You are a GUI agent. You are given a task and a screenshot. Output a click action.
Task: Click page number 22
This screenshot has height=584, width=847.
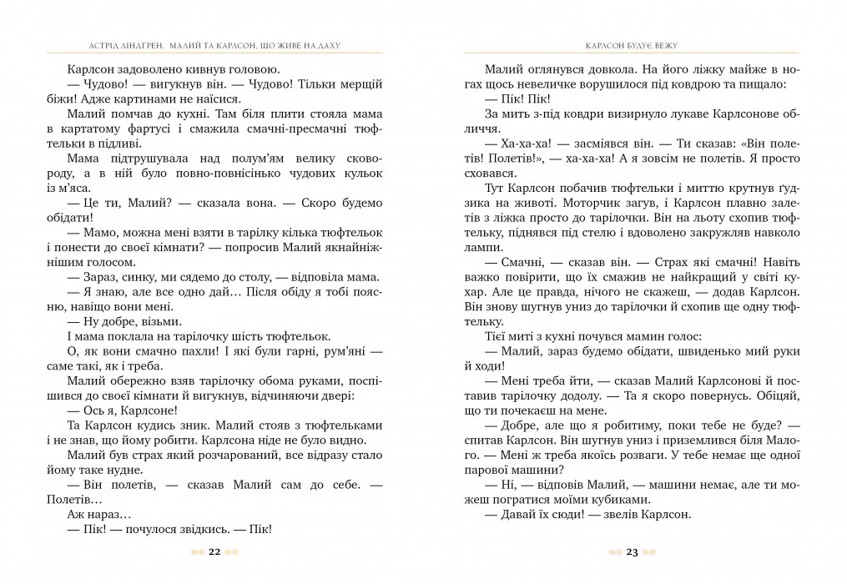click(214, 551)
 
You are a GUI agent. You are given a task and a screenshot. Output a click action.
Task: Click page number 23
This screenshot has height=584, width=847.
click(632, 551)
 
